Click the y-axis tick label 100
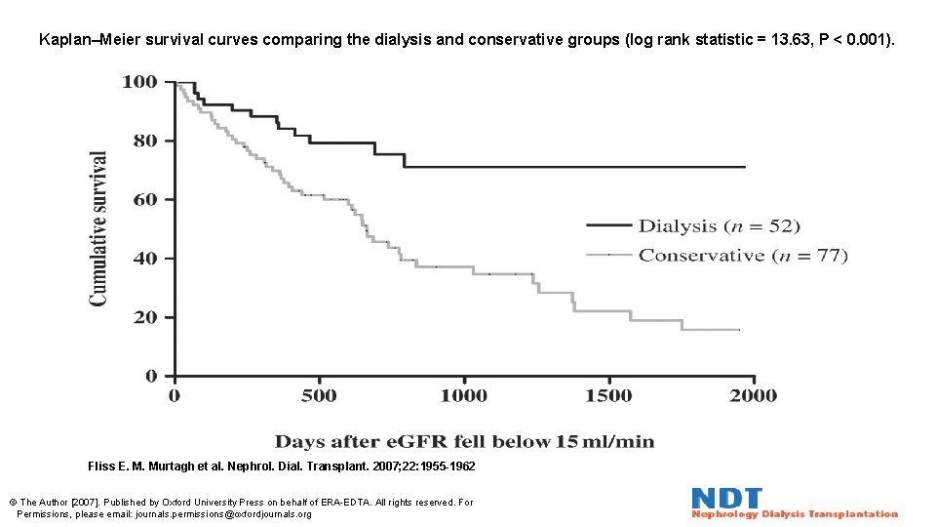[x=139, y=82]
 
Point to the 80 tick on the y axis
[x=144, y=141]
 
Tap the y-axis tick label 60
[x=144, y=199]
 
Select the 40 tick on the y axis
[x=144, y=259]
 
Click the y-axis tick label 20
[x=144, y=317]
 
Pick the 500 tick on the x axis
[x=319, y=395]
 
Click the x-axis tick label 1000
[x=463, y=395]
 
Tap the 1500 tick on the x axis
[x=608, y=395]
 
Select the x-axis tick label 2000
[x=753, y=395]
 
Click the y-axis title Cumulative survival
[x=99, y=228]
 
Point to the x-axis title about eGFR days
[x=464, y=441]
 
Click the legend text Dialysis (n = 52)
[x=720, y=225]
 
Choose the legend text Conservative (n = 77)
[x=743, y=256]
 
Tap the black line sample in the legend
[x=608, y=225]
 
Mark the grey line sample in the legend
[x=608, y=255]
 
